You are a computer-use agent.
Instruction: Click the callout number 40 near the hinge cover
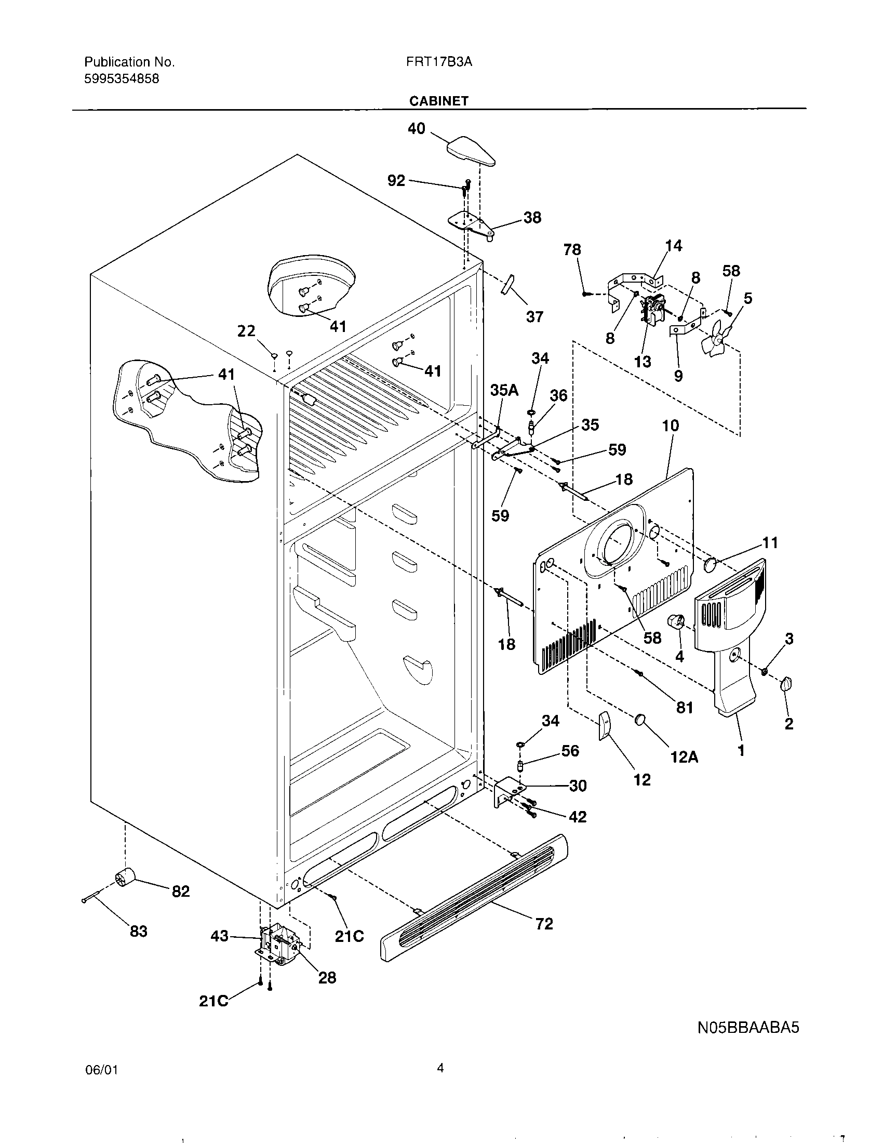[417, 128]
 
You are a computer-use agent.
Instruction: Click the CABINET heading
[438, 101]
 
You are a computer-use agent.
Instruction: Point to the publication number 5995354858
[122, 79]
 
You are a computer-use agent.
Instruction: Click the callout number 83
[138, 931]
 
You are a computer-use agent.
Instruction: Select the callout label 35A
[504, 390]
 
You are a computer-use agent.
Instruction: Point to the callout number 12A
[684, 757]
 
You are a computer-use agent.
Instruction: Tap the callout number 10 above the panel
[671, 426]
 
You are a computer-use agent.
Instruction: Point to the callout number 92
[396, 181]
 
